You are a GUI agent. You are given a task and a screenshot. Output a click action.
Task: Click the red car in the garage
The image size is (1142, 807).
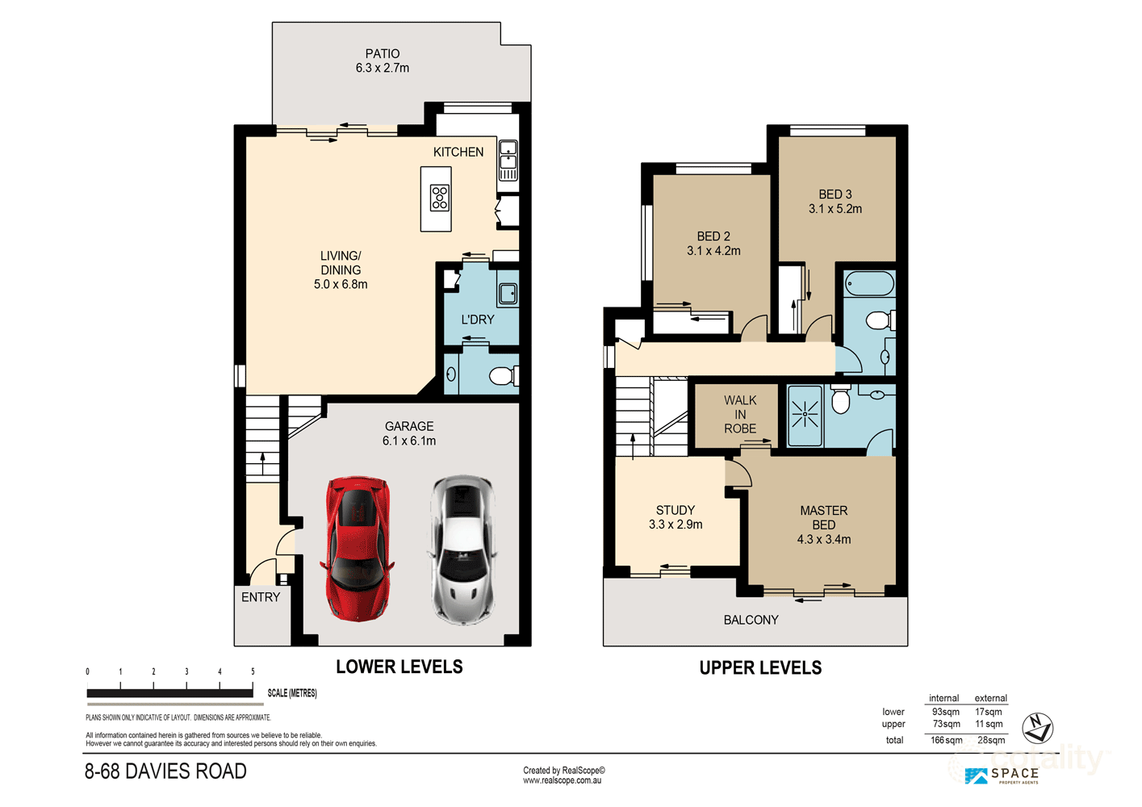[358, 549]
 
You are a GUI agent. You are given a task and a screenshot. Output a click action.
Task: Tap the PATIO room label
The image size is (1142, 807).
[383, 53]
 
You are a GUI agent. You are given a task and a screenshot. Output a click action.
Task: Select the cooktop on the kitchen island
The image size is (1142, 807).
[440, 198]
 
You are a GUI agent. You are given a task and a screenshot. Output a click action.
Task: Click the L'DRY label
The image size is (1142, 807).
[478, 320]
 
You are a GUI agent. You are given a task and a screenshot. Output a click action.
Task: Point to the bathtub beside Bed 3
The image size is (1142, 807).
[869, 283]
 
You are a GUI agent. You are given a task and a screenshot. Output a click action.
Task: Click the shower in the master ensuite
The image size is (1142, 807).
[805, 415]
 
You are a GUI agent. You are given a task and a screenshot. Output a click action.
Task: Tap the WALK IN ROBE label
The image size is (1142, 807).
[740, 415]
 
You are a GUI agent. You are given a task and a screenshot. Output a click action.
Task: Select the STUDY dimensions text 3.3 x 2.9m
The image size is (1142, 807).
[676, 525]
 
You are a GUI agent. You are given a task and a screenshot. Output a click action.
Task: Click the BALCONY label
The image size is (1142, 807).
[751, 620]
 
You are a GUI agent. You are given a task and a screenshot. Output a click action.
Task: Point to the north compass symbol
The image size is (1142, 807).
[1038, 728]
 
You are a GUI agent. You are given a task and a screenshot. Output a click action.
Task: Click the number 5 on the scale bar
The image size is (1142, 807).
[253, 671]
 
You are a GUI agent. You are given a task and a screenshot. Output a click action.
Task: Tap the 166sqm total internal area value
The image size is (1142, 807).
[946, 740]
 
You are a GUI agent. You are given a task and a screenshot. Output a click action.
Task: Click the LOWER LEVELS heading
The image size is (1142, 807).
[399, 667]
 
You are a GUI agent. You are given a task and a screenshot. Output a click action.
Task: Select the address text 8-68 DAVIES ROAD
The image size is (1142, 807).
[165, 771]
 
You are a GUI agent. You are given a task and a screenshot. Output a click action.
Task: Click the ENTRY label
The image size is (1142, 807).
[261, 597]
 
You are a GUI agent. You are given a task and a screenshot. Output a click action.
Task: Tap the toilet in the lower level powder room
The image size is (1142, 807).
[504, 377]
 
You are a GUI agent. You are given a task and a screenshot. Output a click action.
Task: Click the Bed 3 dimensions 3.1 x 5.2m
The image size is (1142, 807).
[835, 209]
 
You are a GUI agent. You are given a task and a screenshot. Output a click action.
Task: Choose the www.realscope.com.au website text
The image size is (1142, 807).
[562, 780]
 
